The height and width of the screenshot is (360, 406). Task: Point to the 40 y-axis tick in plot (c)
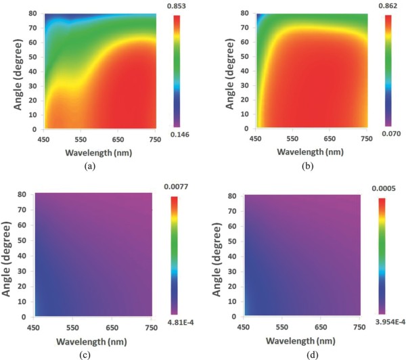(24, 255)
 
